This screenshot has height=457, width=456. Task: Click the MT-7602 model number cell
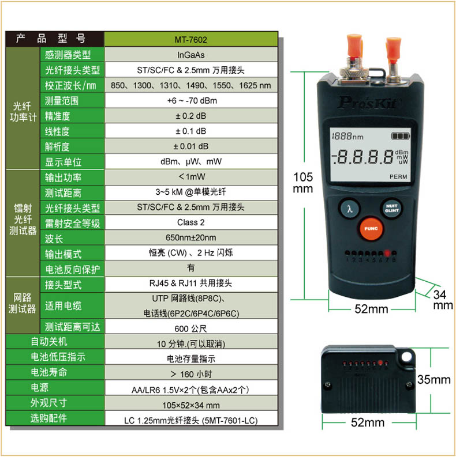click(191, 39)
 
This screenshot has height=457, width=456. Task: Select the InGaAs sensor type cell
click(191, 55)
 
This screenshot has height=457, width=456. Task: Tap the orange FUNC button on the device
click(371, 229)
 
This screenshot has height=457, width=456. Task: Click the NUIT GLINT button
click(391, 208)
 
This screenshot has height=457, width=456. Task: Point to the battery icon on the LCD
click(401, 136)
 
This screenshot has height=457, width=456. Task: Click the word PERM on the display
click(398, 177)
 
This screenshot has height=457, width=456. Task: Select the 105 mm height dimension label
click(303, 183)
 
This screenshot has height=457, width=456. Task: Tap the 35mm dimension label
click(434, 379)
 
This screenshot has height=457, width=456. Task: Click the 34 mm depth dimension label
click(443, 300)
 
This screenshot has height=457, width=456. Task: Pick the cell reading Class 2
click(191, 222)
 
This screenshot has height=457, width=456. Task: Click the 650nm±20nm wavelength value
click(191, 237)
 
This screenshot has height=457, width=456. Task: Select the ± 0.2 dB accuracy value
click(191, 116)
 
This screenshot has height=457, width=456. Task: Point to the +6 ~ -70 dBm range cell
click(191, 100)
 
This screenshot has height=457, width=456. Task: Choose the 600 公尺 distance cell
click(191, 328)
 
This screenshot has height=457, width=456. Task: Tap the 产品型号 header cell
click(55, 39)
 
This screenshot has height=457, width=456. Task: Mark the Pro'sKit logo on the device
click(368, 103)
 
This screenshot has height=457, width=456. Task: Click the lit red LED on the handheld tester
click(387, 252)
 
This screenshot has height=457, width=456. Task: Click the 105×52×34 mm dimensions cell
click(191, 405)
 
